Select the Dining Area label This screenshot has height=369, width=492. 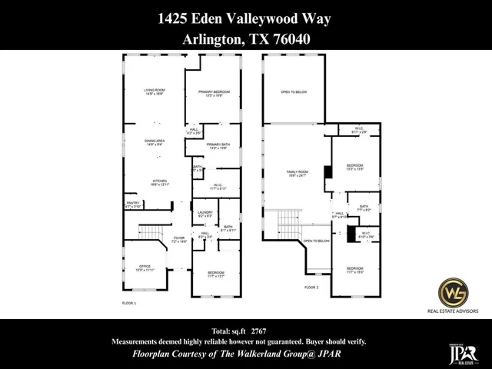click(x=155, y=142)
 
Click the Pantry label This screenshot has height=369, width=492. click(x=133, y=204)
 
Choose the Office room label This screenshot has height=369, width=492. click(x=145, y=268)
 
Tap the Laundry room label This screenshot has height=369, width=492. click(x=205, y=214)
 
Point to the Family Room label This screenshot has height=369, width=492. click(x=297, y=173)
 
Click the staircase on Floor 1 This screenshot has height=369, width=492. click(x=151, y=232)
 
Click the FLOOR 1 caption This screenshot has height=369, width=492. click(x=129, y=304)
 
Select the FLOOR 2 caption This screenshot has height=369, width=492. click(x=311, y=288)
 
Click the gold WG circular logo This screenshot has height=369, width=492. click(x=453, y=293)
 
